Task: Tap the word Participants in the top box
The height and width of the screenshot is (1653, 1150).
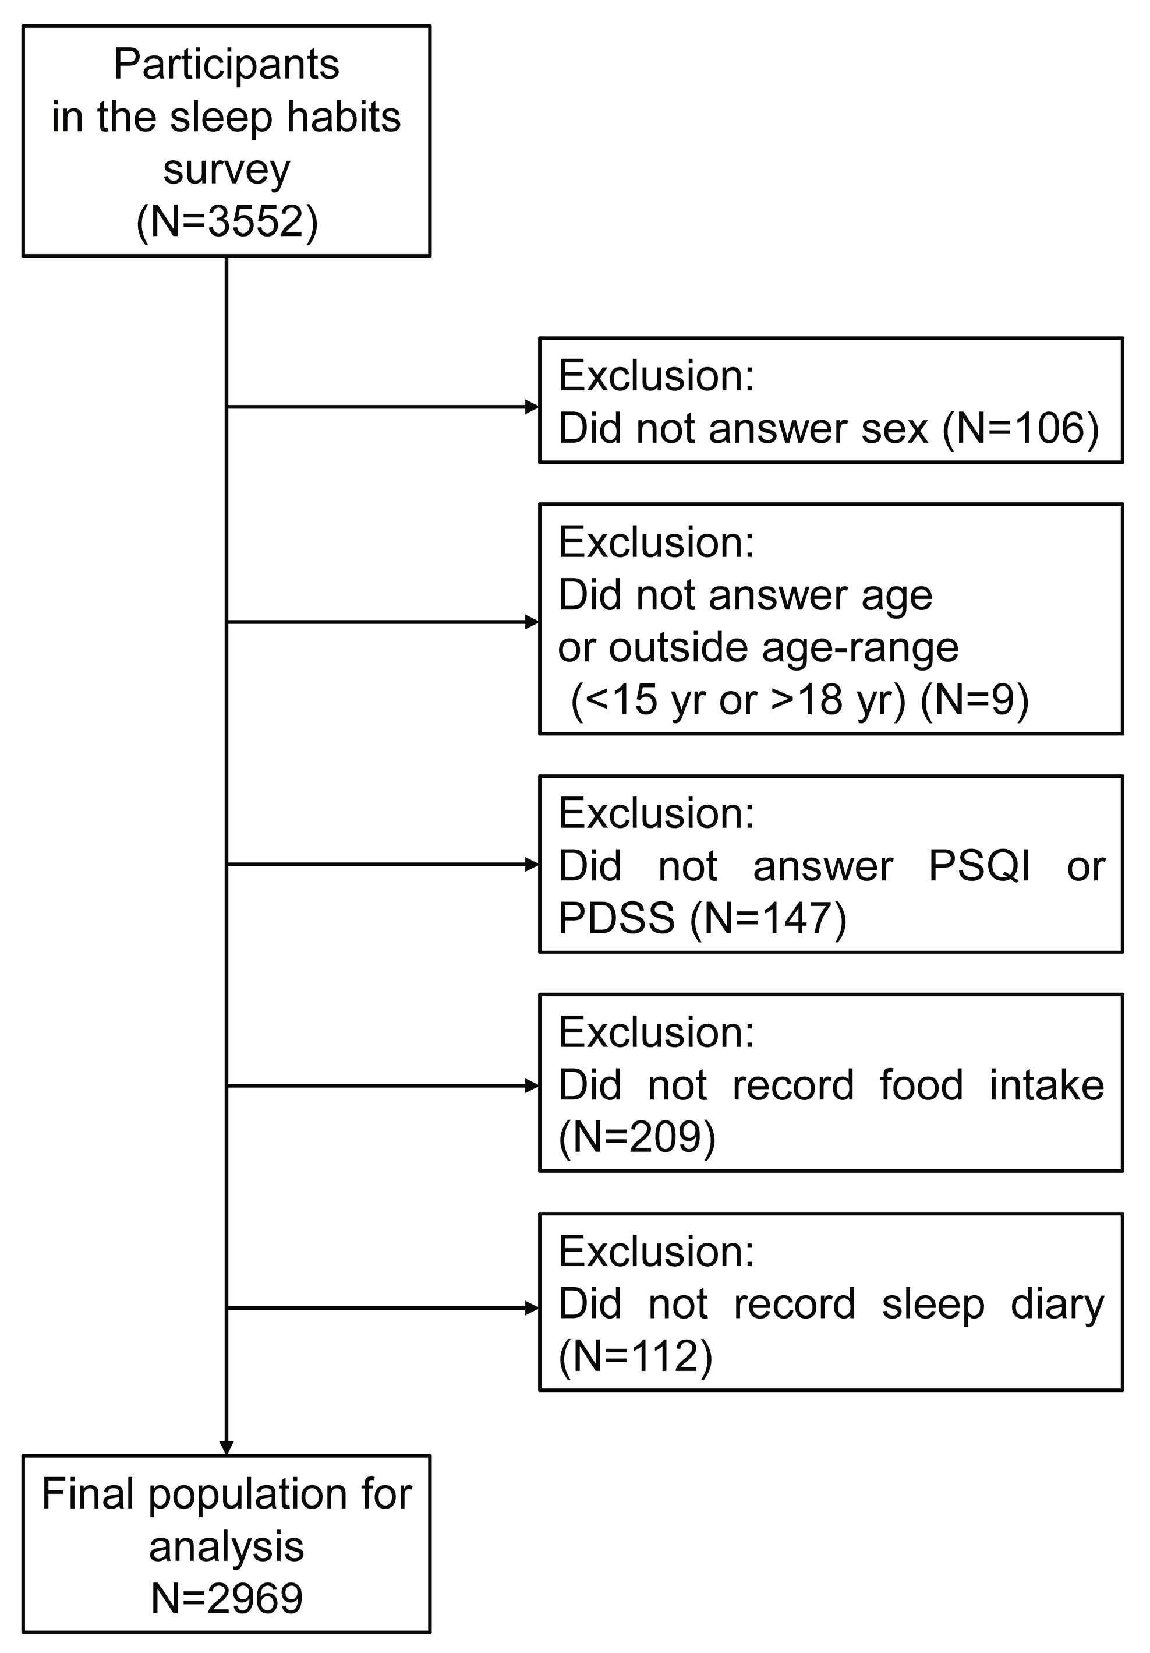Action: tap(227, 65)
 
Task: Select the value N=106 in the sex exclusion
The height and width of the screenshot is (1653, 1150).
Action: tap(1021, 429)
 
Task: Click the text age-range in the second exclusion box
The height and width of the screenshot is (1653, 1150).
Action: tap(860, 647)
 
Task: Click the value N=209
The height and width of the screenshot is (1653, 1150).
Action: tap(637, 1137)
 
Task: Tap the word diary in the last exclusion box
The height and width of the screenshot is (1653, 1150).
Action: tap(1056, 1304)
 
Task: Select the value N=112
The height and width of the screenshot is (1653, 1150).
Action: tap(635, 1356)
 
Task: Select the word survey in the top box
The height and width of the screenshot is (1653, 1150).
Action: tap(227, 169)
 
